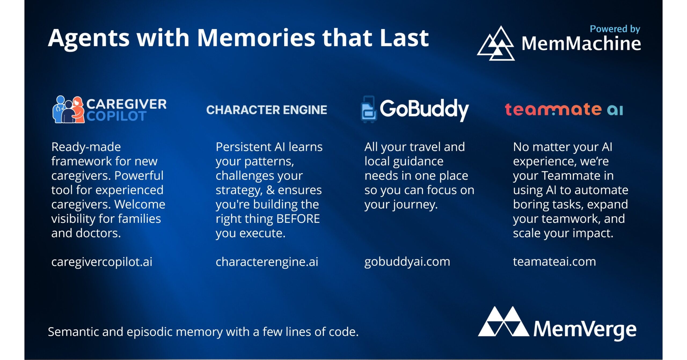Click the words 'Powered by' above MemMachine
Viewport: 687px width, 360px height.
(x=615, y=29)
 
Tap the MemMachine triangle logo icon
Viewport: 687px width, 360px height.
(x=496, y=43)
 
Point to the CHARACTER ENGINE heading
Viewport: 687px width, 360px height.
(x=267, y=110)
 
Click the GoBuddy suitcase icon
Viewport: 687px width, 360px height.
(x=369, y=109)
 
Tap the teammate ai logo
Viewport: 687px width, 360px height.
(x=564, y=110)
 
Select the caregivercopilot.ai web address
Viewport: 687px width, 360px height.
(x=102, y=262)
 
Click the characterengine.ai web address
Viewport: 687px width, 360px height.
(x=267, y=262)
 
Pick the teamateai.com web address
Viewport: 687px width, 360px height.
(x=554, y=262)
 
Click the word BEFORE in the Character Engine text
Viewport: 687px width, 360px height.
(x=298, y=219)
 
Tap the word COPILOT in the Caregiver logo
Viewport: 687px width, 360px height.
(x=116, y=116)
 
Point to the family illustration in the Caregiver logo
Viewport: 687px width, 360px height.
(x=68, y=109)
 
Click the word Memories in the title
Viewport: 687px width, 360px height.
(x=256, y=38)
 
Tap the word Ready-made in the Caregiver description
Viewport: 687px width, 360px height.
(x=86, y=147)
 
